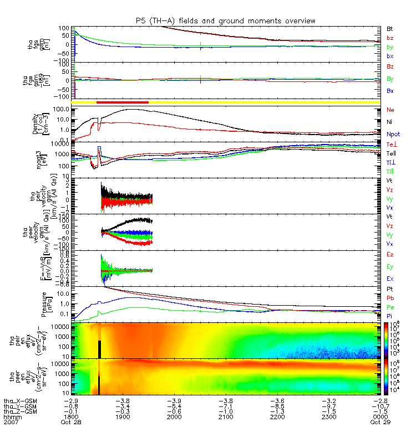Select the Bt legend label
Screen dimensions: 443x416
click(x=390, y=28)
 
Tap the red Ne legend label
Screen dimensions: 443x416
click(x=390, y=110)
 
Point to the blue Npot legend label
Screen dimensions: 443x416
click(x=393, y=134)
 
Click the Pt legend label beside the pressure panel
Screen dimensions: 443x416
click(x=390, y=290)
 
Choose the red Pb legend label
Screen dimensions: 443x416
click(x=390, y=297)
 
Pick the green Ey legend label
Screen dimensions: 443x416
click(x=390, y=266)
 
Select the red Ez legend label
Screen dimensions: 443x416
click(x=390, y=254)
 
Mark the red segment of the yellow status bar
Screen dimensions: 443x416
click(x=122, y=102)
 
